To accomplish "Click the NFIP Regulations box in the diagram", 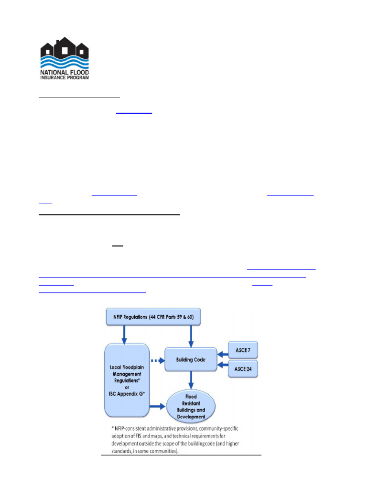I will (152, 316).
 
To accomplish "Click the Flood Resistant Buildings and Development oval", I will (191, 407).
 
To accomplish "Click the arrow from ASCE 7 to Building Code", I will (223, 354).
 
